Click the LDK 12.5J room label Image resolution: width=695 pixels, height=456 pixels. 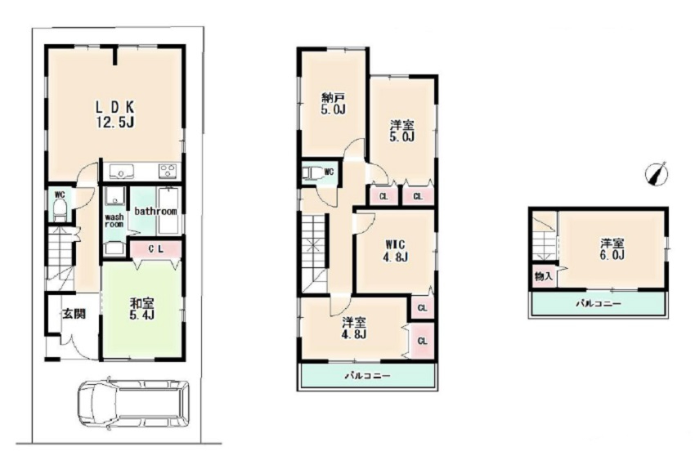coord(115,114)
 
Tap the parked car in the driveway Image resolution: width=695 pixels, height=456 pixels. coord(132,402)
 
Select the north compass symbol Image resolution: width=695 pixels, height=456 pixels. coord(657,172)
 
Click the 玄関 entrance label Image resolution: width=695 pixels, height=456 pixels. coord(74,314)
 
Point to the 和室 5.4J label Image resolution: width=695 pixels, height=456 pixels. coord(141,310)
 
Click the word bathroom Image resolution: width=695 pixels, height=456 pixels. coord(155,211)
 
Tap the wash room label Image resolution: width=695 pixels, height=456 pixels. coord(114,221)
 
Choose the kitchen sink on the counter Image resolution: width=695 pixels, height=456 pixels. coord(122,171)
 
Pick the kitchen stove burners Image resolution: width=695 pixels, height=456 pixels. coord(168,171)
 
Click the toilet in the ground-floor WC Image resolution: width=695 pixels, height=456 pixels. coord(59,209)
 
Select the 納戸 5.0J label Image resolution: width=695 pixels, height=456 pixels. coord(334,103)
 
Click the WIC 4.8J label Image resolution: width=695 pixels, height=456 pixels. coord(396,251)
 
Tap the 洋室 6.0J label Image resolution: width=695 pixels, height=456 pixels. coord(612,248)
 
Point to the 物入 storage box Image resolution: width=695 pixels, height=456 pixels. coord(544,277)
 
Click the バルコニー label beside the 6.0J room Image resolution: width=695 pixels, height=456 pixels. coord(599,304)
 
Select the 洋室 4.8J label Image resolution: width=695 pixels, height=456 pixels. coord(354,328)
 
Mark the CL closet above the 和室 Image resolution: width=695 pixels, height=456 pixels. coord(155,249)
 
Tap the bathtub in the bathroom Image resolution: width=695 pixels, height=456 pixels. coord(168,211)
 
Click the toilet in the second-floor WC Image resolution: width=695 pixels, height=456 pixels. coord(312,172)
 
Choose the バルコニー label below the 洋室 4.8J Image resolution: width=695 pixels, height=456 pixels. coord(368,376)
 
